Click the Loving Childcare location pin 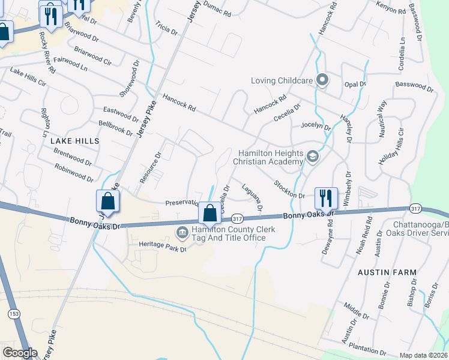(x=322, y=80)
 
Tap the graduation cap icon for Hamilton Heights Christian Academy (x=312, y=156)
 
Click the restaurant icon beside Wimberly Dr (x=325, y=197)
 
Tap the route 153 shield (x=13, y=313)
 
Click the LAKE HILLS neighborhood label (x=74, y=140)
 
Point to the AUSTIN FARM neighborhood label (x=387, y=272)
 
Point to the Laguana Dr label (x=252, y=198)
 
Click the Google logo (x=20, y=352)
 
